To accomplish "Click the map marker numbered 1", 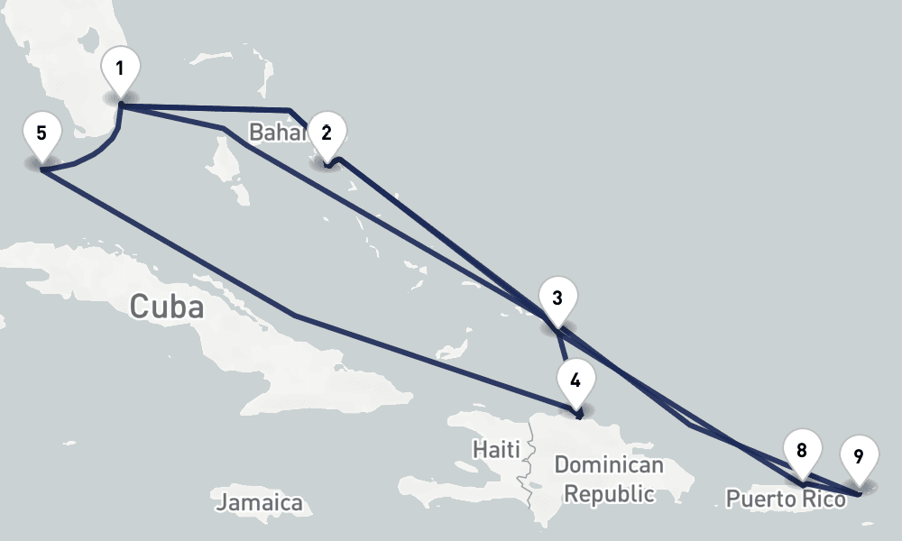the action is (x=120, y=69).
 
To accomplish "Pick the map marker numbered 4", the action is (x=576, y=378).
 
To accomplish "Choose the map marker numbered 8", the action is (x=802, y=449).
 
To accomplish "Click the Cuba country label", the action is (x=166, y=307).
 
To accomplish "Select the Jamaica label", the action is (x=260, y=502).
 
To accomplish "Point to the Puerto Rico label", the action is (x=786, y=499).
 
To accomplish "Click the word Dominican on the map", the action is (x=609, y=466).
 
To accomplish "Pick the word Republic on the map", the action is (x=610, y=494).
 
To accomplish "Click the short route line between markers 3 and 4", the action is (x=564, y=347).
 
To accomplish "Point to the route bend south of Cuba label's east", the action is (x=295, y=315).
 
